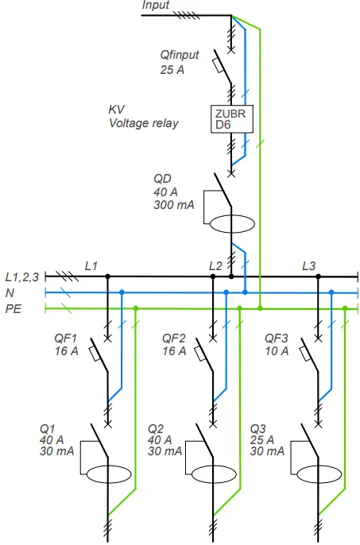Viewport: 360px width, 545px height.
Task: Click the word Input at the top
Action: (x=156, y=6)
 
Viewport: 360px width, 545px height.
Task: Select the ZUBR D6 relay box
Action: (x=230, y=119)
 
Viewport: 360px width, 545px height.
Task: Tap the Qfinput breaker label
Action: (x=179, y=56)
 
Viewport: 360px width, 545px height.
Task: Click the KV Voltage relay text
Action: (x=143, y=117)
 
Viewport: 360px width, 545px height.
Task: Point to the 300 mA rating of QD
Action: (x=172, y=205)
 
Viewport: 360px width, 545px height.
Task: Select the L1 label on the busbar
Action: (x=91, y=265)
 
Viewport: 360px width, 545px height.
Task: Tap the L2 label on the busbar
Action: (x=215, y=265)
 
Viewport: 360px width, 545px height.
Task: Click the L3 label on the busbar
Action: (x=309, y=265)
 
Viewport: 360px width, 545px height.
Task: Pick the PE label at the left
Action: (x=14, y=308)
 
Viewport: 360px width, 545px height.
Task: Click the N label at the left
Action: (x=10, y=292)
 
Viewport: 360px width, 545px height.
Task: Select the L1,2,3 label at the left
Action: (x=21, y=277)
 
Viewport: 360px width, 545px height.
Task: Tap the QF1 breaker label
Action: (x=68, y=338)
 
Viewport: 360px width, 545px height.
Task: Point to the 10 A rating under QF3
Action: (x=276, y=351)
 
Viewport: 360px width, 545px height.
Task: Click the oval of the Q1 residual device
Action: (x=106, y=475)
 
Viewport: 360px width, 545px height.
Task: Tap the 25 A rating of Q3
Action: (x=261, y=440)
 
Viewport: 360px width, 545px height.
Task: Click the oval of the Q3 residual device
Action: (x=319, y=475)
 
